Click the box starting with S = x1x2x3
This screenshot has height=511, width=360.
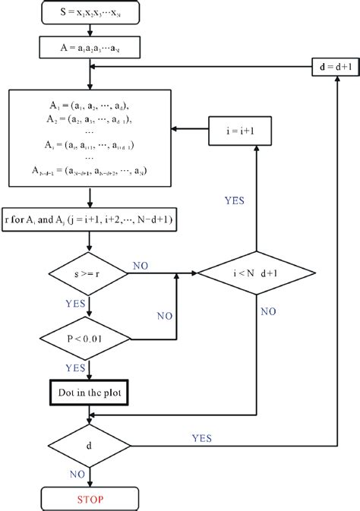click(90, 13)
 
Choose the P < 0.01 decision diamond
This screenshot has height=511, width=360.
click(90, 336)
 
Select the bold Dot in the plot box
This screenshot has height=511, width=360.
click(90, 393)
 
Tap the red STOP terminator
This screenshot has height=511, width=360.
click(90, 500)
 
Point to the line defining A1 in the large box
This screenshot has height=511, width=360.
click(90, 106)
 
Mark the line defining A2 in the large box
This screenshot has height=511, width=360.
click(90, 119)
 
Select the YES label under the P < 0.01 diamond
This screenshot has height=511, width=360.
click(74, 367)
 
